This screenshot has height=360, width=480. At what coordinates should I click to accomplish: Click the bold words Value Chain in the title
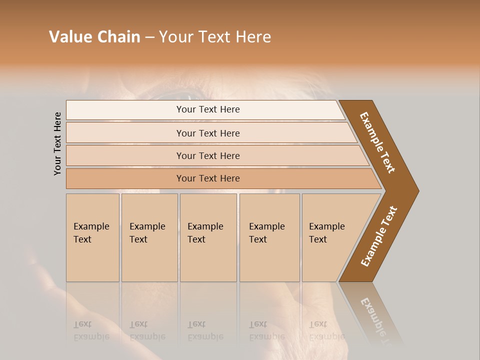pos(94,37)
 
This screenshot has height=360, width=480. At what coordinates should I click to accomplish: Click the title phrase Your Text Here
pos(215,37)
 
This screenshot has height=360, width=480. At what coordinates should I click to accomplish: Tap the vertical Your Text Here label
pos(57,143)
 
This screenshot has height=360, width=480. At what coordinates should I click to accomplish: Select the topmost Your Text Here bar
pos(208,109)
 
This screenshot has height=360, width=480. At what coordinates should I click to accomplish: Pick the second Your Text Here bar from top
pos(208,133)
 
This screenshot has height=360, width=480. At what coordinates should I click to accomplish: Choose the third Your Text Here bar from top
pos(208,155)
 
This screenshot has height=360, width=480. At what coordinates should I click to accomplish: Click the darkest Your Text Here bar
pos(208,178)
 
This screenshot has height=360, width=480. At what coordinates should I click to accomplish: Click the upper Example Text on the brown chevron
pos(377,142)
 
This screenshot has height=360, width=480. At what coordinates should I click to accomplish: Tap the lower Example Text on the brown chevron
pos(378,236)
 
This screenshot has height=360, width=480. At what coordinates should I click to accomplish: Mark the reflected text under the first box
pos(91,330)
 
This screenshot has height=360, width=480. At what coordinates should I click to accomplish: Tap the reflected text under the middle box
pos(205,330)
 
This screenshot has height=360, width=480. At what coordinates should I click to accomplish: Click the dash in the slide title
pos(149,37)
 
